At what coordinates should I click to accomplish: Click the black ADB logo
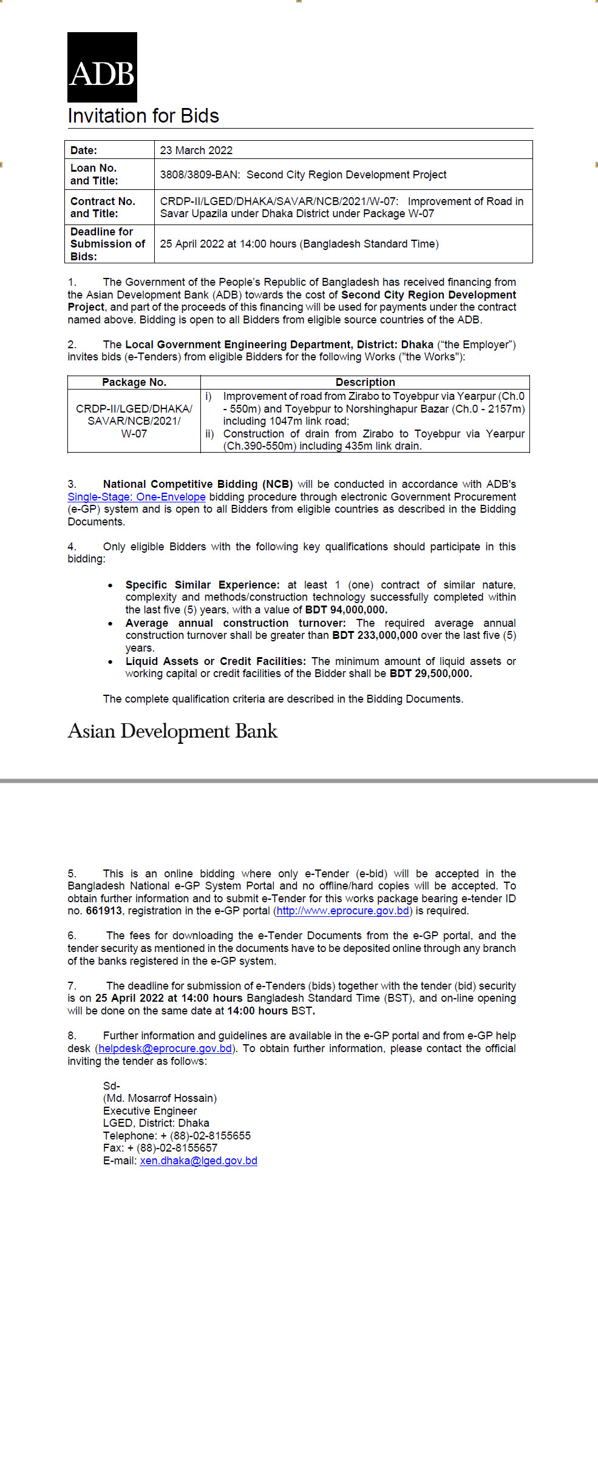point(102,67)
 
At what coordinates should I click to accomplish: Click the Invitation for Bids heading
point(143,116)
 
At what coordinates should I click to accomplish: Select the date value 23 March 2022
point(196,150)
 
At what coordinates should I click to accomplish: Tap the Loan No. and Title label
point(94,174)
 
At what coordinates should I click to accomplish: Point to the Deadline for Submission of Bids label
point(107,244)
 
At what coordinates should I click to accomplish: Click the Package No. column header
point(134,382)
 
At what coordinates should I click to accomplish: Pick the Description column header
point(365,382)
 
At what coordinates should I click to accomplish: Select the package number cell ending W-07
point(134,421)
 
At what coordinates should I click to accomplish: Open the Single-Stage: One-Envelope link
point(137,497)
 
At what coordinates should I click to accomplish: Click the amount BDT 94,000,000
point(346,610)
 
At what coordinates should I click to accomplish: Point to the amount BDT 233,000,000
point(375,635)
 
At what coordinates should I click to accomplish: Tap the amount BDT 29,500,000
point(430,673)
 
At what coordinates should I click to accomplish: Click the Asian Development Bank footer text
point(172,731)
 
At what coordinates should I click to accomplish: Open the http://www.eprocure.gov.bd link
point(343,911)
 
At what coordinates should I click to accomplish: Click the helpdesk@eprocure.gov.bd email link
point(165,1048)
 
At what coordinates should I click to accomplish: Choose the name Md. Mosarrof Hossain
point(160,1098)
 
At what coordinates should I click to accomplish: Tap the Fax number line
point(160,1148)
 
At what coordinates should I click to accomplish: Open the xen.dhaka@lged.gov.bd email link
point(199,1161)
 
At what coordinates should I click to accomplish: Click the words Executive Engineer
point(150,1111)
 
